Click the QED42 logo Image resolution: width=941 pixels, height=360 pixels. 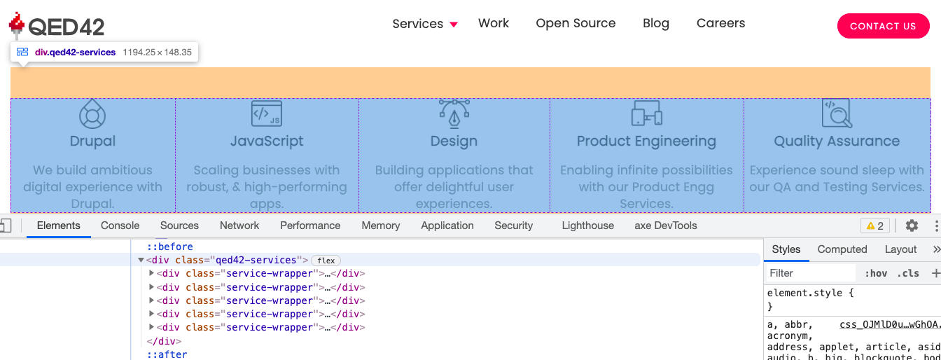57,26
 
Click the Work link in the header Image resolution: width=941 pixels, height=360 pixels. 494,23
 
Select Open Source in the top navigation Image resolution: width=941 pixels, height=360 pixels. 576,23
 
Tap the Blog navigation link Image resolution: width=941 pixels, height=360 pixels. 656,23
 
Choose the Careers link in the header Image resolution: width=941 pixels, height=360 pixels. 720,23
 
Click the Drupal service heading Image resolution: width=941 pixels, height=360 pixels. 92,141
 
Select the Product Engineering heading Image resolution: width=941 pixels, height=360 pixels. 646,141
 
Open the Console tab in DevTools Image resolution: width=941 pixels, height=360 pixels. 120,226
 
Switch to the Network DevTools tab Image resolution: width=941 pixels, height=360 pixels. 239,226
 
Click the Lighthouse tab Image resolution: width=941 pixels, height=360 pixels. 587,226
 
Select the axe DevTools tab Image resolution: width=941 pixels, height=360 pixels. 666,226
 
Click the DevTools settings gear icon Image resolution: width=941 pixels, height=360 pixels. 912,226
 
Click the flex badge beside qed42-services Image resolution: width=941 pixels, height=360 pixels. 326,261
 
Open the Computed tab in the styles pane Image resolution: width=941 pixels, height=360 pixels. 842,249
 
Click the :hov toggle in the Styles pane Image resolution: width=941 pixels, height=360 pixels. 876,273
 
